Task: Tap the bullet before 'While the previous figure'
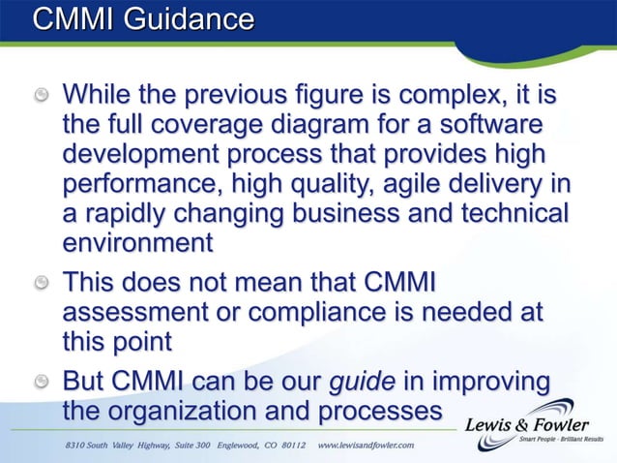point(42,98)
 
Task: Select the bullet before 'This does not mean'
point(42,284)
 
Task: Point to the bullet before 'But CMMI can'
point(42,379)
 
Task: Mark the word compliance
point(323,313)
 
